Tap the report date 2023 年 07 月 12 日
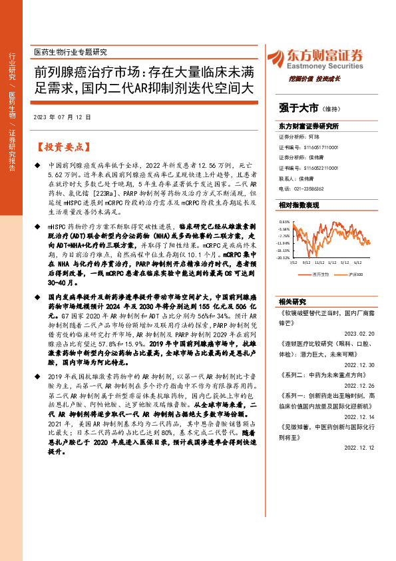tap(61, 117)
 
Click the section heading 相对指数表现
tap(299, 205)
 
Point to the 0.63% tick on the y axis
tap(284, 222)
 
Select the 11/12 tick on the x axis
tap(321, 263)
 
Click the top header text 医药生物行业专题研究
tap(70, 51)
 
